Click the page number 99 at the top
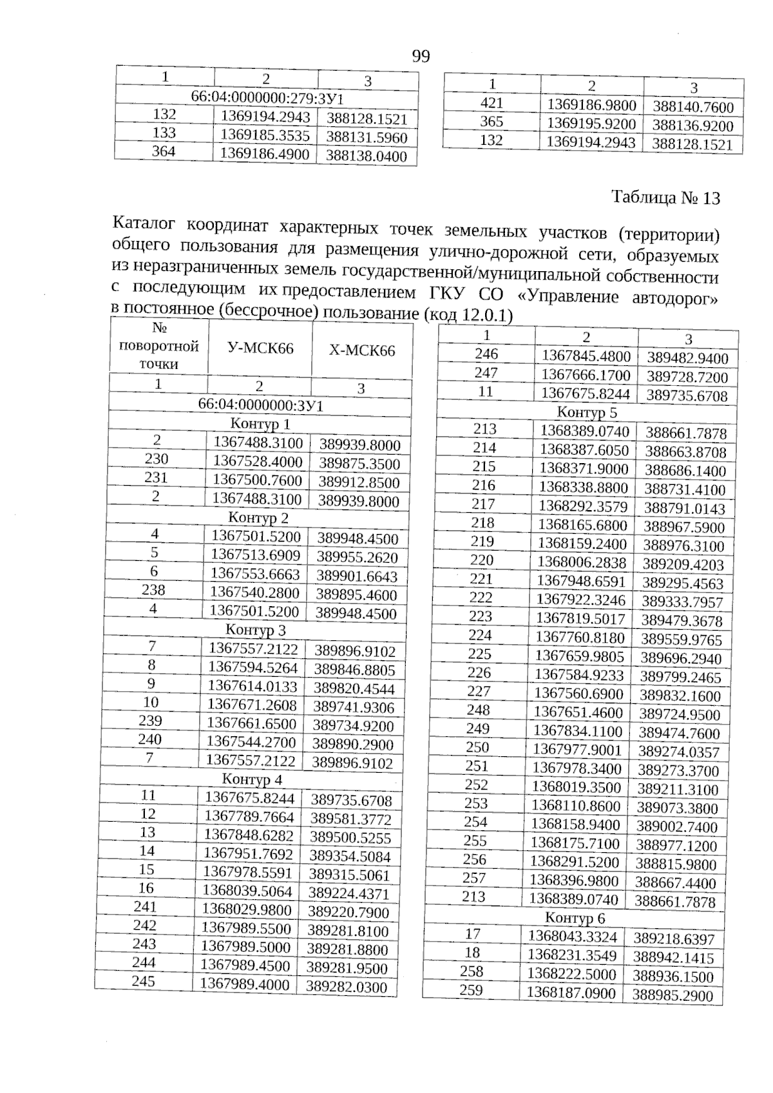421,57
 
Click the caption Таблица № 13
665,198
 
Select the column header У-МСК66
260,349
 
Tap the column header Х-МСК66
362,351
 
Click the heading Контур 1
260,424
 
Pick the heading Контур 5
586,412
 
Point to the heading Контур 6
575,917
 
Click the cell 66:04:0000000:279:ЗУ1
267,99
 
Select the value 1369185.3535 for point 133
265,135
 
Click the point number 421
492,102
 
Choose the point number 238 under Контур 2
153,589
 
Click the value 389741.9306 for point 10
353,707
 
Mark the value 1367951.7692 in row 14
248,854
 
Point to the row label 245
143,981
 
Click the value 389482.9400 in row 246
687,359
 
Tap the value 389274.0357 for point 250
678,752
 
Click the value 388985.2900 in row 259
673,995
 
